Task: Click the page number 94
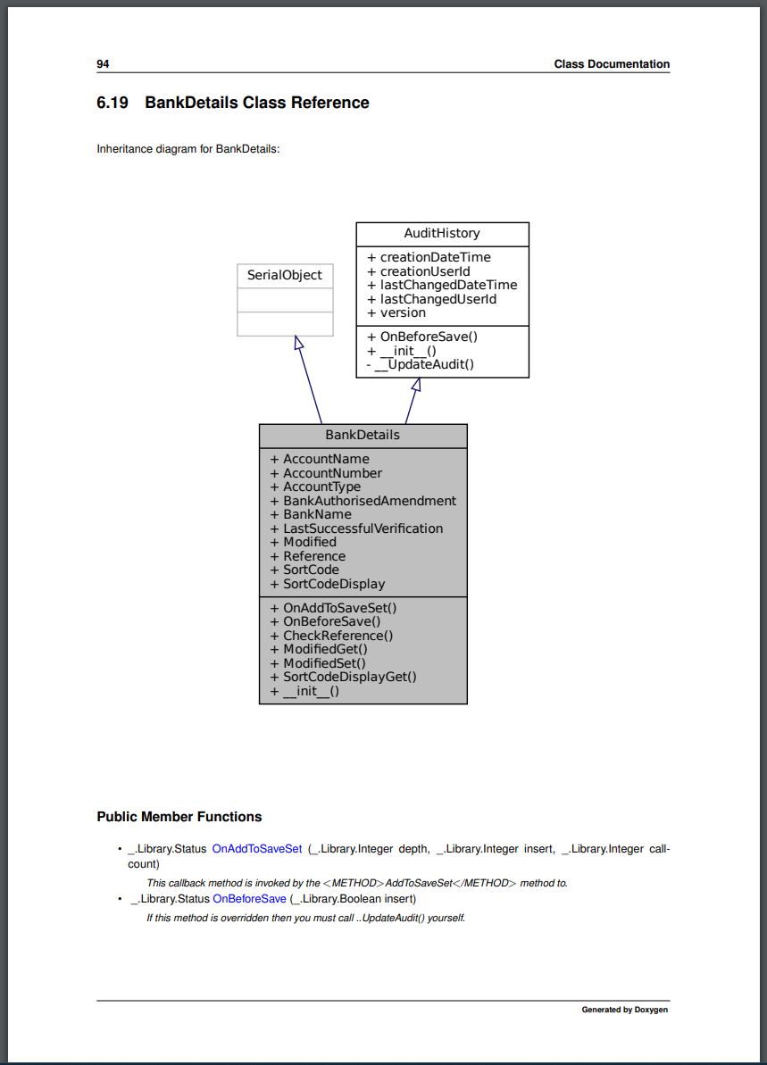[x=103, y=64]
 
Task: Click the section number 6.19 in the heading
[x=113, y=103]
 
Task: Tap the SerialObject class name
[x=285, y=275]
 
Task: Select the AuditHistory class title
[x=442, y=233]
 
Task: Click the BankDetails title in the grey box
[x=363, y=435]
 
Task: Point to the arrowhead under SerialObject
[x=299, y=343]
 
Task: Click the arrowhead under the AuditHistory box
[x=416, y=384]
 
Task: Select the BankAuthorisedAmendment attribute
[x=363, y=501]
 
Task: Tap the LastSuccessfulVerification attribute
[x=357, y=528]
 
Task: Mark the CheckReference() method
[x=331, y=636]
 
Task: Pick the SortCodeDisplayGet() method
[x=343, y=677]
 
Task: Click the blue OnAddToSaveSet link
[x=257, y=849]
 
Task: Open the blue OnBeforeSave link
[x=249, y=899]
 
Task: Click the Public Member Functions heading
[x=179, y=817]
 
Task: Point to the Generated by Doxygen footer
[x=624, y=1010]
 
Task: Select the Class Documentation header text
[x=612, y=64]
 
